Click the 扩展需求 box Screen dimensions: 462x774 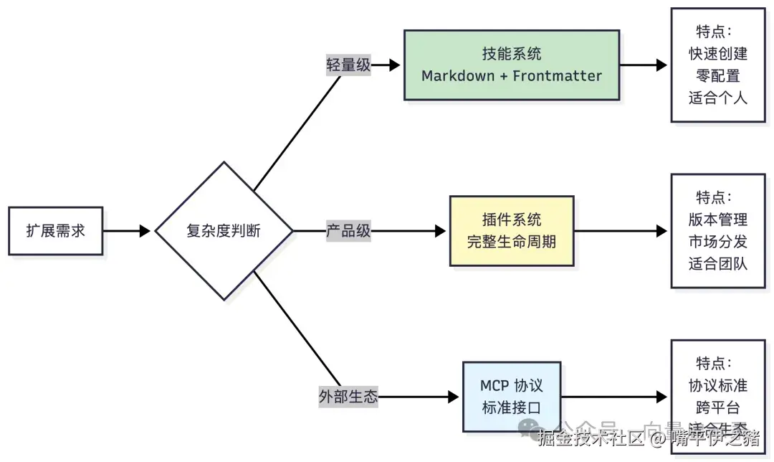(x=55, y=231)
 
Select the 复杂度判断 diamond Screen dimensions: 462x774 (x=224, y=231)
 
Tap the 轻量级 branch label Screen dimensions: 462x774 (x=348, y=65)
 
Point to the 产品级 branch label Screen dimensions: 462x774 (x=348, y=231)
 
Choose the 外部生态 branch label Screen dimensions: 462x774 (x=348, y=397)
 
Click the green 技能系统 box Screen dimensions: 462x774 (x=511, y=65)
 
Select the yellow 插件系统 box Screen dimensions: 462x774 (x=511, y=230)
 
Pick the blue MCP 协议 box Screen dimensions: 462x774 (x=511, y=397)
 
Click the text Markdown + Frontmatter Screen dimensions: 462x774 (x=511, y=76)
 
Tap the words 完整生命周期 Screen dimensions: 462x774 (x=511, y=242)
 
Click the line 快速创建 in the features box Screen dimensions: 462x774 (x=718, y=54)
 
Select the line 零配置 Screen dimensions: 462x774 (x=718, y=75)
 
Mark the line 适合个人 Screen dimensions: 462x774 (x=718, y=98)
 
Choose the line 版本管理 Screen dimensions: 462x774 (x=718, y=220)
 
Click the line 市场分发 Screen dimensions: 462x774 (x=718, y=242)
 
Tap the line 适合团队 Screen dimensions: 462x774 (x=718, y=264)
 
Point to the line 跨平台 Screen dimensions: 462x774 (x=718, y=407)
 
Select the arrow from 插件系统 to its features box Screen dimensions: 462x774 (x=621, y=231)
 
